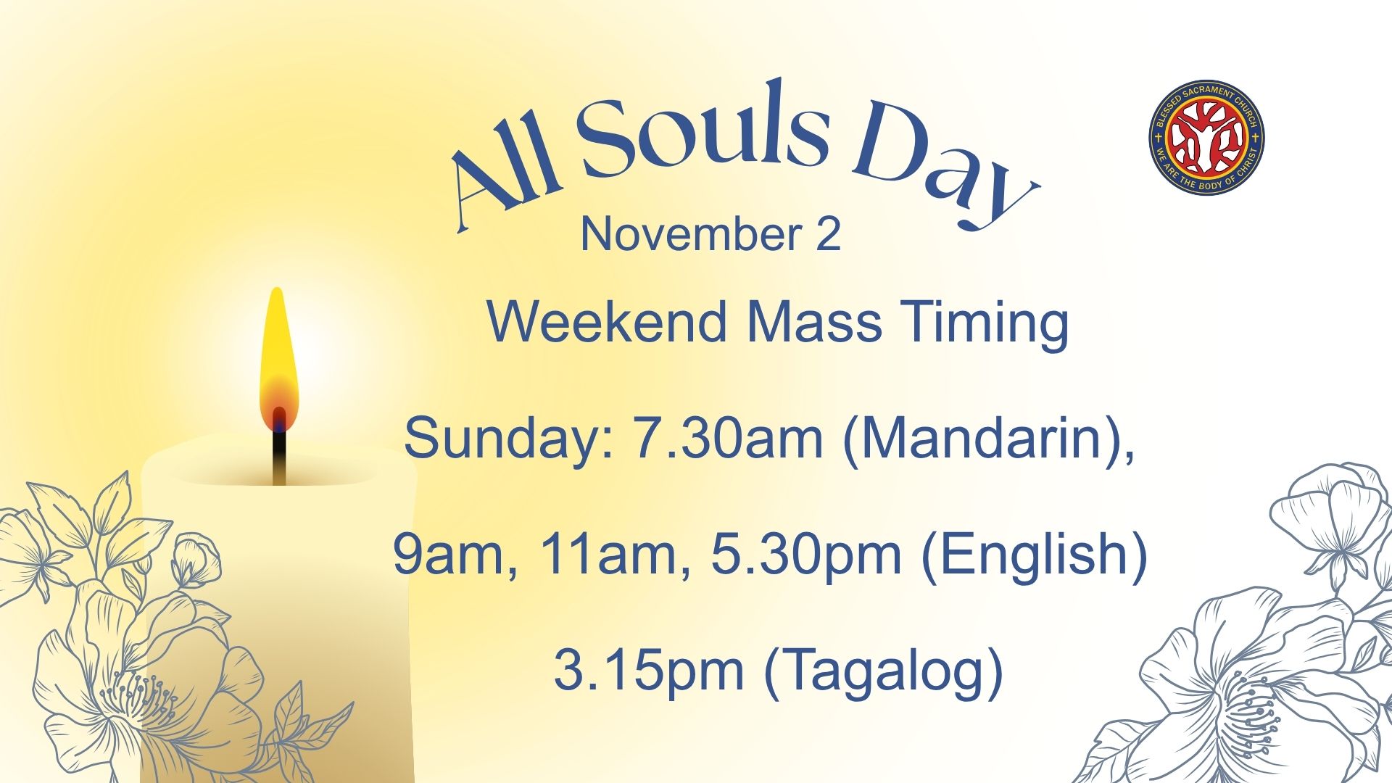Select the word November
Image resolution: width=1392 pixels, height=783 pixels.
[x=691, y=234]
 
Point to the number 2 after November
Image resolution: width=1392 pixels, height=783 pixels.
[x=828, y=234]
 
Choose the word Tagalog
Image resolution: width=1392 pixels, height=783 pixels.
[x=884, y=672]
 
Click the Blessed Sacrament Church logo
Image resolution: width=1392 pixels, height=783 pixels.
[x=1207, y=137]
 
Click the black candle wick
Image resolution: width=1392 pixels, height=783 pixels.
[x=279, y=457]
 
